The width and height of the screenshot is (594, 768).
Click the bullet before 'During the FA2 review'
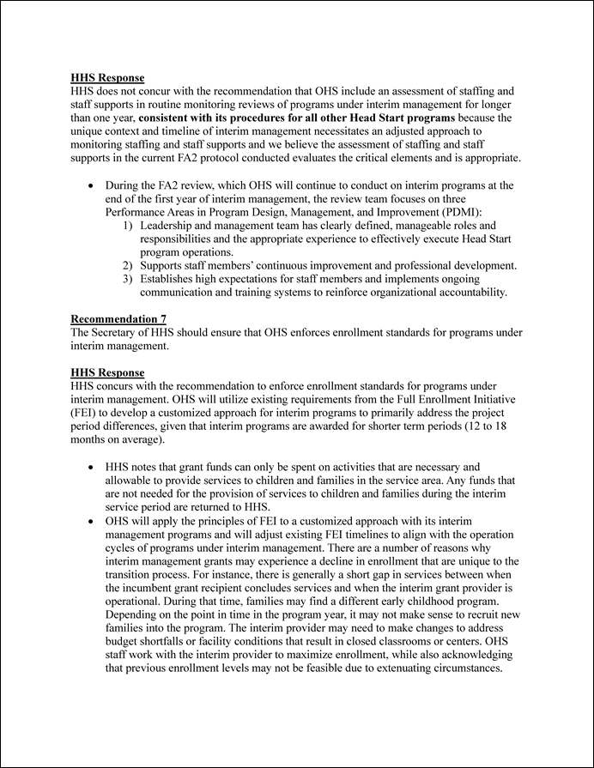(x=91, y=185)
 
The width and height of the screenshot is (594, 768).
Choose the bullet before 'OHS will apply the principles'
(x=91, y=520)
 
